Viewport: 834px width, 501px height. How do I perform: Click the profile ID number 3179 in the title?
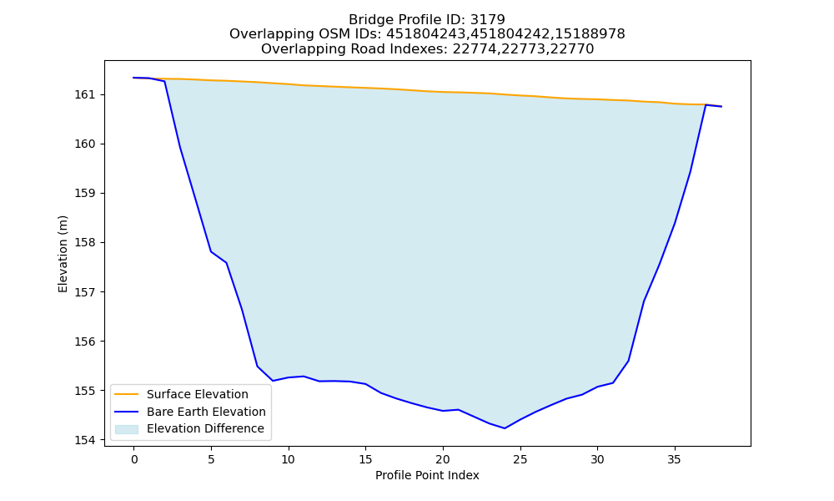click(488, 20)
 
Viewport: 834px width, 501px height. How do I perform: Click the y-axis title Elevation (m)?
click(63, 254)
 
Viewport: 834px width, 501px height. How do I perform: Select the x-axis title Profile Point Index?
click(427, 475)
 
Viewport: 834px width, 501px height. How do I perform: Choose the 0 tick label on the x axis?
click(134, 459)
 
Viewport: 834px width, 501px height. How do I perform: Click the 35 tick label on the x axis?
click(675, 459)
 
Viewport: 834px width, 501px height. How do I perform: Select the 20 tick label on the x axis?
click(443, 459)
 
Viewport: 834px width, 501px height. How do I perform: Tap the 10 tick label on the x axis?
click(289, 459)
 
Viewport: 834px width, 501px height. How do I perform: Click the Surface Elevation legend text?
click(198, 394)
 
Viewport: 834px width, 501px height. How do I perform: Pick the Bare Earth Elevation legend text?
click(206, 412)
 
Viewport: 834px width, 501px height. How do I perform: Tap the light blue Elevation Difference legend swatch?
click(127, 429)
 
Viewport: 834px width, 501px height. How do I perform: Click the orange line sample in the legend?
click(127, 394)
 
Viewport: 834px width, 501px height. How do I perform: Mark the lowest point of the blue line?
click(505, 428)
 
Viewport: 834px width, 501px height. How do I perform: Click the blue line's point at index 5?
click(211, 251)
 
